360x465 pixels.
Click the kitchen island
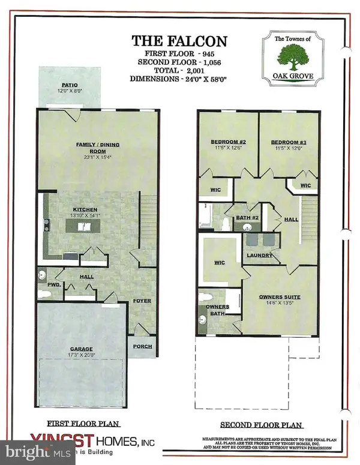tap(82, 226)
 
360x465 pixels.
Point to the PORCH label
tap(143, 347)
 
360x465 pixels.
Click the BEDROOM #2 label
tap(225, 142)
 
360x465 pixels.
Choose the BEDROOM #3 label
tap(286, 142)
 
